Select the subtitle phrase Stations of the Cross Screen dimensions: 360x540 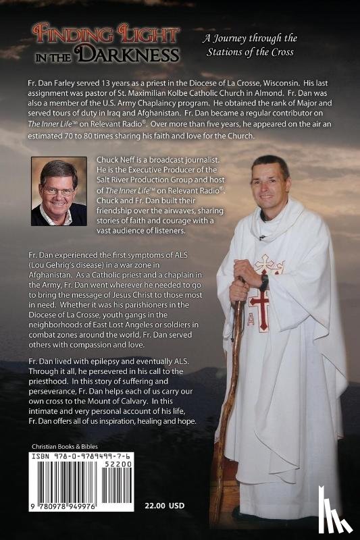tap(251, 51)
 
